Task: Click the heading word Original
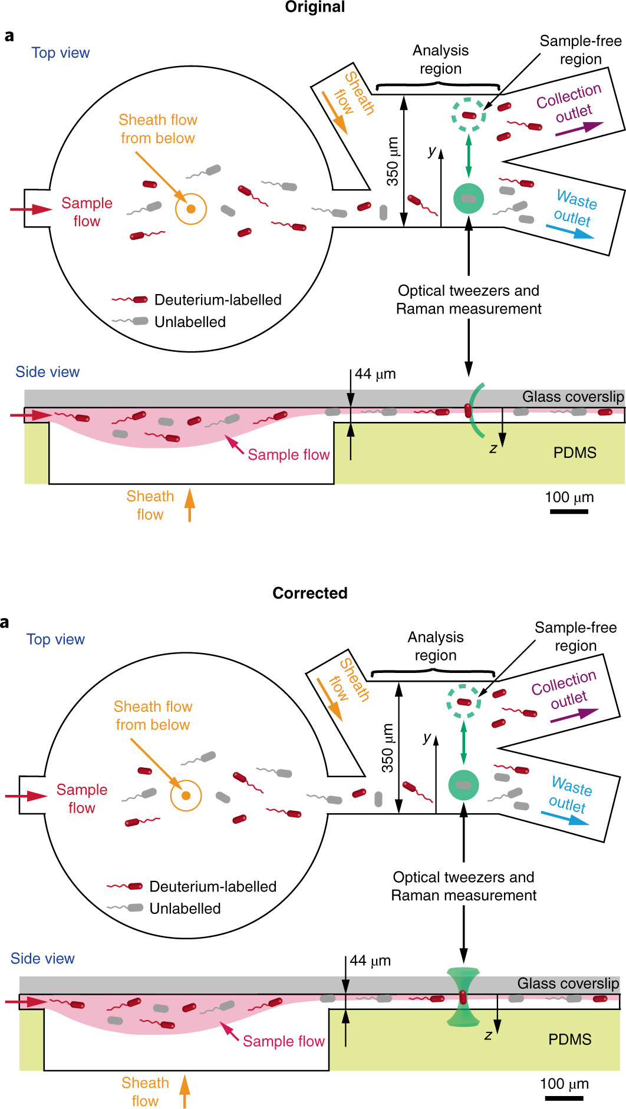315,7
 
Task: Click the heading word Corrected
309,593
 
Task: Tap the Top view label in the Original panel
60,53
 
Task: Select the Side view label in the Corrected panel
42,958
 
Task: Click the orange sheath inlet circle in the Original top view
191,209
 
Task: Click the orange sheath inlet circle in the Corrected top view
186,796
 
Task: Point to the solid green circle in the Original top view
469,199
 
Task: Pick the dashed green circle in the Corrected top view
463,701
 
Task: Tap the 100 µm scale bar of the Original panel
569,511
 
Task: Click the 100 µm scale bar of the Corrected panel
564,1098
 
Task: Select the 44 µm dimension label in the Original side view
375,374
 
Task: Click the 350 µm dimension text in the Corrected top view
387,748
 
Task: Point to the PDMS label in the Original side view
575,453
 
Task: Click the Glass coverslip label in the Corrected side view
568,983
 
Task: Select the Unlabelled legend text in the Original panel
190,322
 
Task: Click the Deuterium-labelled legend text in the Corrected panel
213,886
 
